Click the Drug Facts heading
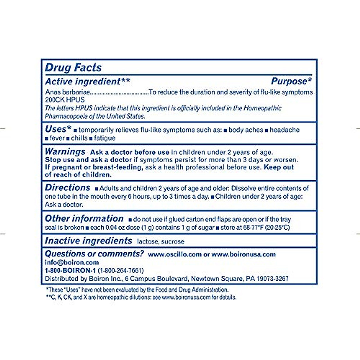(73, 67)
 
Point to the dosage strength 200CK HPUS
(65, 100)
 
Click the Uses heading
(58, 129)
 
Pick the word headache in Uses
(284, 130)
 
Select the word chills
(79, 138)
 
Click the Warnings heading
(65, 151)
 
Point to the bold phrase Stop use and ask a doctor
(88, 160)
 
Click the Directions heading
(67, 188)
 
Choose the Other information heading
(84, 218)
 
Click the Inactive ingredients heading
(88, 241)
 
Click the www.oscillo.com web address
(175, 254)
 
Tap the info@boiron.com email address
(72, 262)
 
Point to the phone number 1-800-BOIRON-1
(70, 271)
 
